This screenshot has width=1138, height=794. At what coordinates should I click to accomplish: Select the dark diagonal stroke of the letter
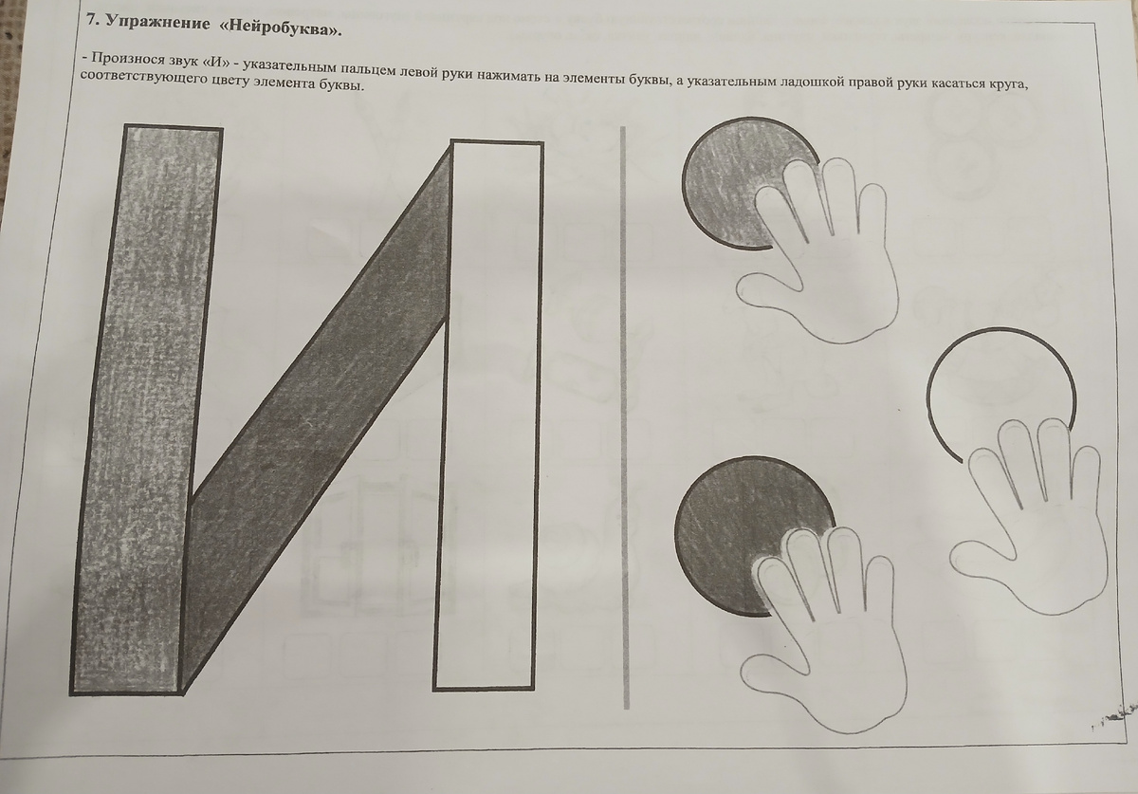point(313,417)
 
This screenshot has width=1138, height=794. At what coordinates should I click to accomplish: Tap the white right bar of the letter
point(488,417)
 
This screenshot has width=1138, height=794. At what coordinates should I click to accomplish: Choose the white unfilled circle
point(996,379)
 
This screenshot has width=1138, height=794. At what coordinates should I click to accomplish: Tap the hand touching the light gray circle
point(825,256)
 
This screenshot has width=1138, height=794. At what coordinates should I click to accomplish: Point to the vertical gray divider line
point(624,417)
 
